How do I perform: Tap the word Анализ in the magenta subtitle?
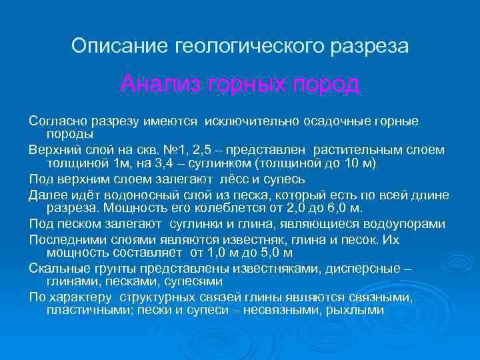[x=161, y=85]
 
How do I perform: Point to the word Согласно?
[x=56, y=121]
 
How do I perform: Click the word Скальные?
[x=55, y=268]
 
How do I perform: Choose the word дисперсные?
[x=366, y=268]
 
